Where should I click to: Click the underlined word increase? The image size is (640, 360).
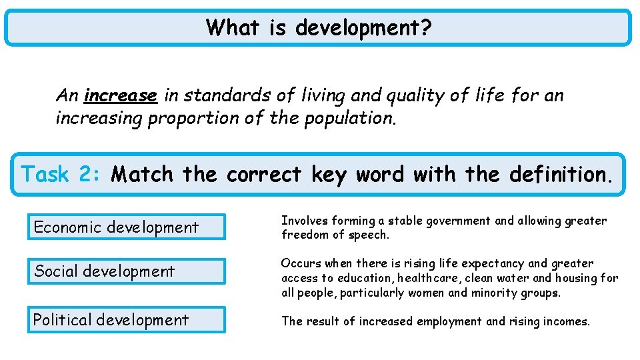[x=121, y=96]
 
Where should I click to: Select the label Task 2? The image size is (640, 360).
[x=62, y=175]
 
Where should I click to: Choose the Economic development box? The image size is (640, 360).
[x=126, y=227]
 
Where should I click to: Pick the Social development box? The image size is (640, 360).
[x=126, y=271]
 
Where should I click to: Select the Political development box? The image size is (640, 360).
[x=126, y=320]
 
